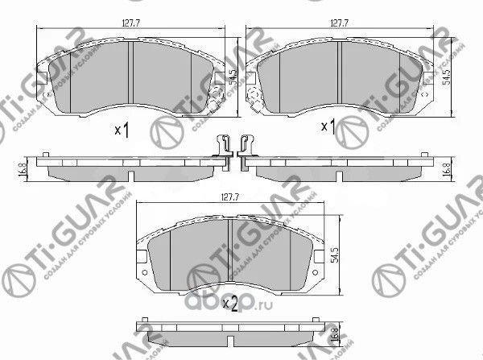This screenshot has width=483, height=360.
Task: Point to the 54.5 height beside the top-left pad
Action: tap(231, 77)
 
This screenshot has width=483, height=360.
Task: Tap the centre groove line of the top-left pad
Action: tap(130, 74)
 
